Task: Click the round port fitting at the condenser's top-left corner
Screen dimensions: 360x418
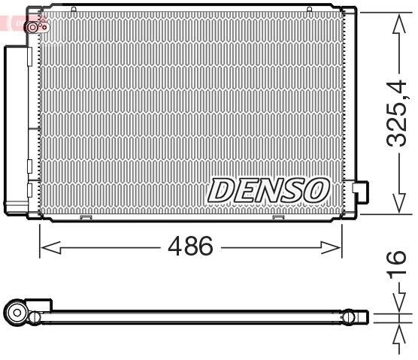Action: [35, 27]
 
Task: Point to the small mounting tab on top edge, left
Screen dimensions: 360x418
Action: [74, 10]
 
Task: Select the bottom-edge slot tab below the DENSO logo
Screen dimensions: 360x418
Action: [278, 218]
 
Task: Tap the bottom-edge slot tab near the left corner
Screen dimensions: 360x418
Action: [85, 218]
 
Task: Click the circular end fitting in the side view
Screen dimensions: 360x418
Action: [17, 312]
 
